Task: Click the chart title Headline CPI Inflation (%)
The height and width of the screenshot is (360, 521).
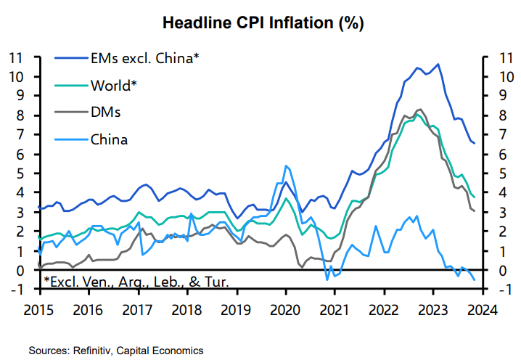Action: point(263,22)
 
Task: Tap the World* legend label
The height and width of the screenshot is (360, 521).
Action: point(114,86)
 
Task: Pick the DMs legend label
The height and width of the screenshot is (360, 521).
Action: point(105,112)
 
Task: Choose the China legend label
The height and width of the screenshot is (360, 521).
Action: point(109,139)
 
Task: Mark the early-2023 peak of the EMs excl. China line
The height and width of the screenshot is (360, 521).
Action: point(438,65)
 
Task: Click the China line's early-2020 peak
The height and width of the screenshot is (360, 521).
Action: point(285,165)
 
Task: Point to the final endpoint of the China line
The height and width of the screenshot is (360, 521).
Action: point(475,279)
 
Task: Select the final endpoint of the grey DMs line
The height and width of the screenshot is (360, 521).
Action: point(475,210)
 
